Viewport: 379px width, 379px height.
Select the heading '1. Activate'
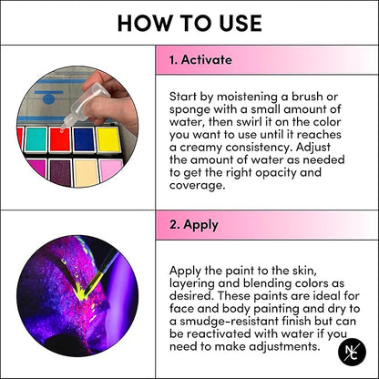pyautogui.click(x=200, y=60)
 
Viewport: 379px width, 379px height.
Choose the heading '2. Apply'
pyautogui.click(x=194, y=225)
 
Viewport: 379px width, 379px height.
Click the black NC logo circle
pyautogui.click(x=352, y=352)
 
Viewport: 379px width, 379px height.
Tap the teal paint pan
pyautogui.click(x=36, y=139)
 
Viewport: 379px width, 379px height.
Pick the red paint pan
pyautogui.click(x=60, y=139)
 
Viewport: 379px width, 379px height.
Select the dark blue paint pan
pyautogui.click(x=84, y=140)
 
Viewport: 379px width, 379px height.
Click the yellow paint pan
pyautogui.click(x=108, y=140)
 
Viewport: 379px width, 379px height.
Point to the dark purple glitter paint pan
pyautogui.click(x=60, y=173)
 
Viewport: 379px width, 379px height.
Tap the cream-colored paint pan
pyautogui.click(x=87, y=173)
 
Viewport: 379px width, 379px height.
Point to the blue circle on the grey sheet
pyautogui.click(x=48, y=99)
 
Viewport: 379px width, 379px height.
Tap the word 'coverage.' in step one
pyautogui.click(x=198, y=186)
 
